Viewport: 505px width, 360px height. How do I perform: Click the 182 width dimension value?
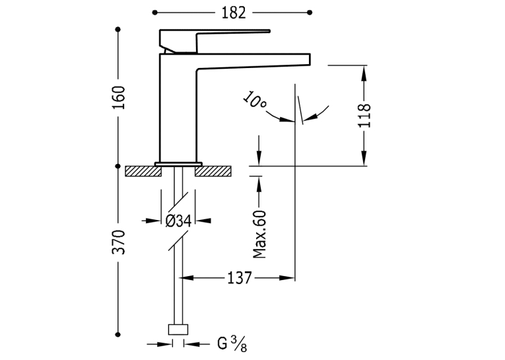click(234, 13)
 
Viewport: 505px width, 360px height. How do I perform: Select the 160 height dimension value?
click(118, 97)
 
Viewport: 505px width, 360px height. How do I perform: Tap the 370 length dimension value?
click(118, 242)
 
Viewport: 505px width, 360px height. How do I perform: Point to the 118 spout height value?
click(364, 116)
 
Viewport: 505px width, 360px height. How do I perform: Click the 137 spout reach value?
click(239, 278)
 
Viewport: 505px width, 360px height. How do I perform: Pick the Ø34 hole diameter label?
click(178, 221)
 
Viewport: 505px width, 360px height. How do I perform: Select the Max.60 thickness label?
click(259, 234)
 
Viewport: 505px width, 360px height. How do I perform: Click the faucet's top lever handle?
click(214, 41)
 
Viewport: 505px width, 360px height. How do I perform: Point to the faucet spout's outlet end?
click(310, 59)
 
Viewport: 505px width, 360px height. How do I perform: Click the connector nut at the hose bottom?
click(178, 330)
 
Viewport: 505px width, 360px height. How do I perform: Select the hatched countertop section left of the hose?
click(143, 171)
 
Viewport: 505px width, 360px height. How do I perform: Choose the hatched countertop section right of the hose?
click(213, 171)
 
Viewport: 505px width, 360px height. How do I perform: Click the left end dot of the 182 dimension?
click(155, 13)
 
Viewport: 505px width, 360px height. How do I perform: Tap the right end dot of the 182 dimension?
click(310, 13)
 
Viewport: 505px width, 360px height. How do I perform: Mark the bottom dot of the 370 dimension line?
click(118, 335)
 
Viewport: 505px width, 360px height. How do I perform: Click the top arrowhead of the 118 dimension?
click(364, 73)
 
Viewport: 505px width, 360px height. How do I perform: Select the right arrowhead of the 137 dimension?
click(287, 278)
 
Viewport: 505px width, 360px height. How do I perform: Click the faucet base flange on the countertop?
click(178, 164)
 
